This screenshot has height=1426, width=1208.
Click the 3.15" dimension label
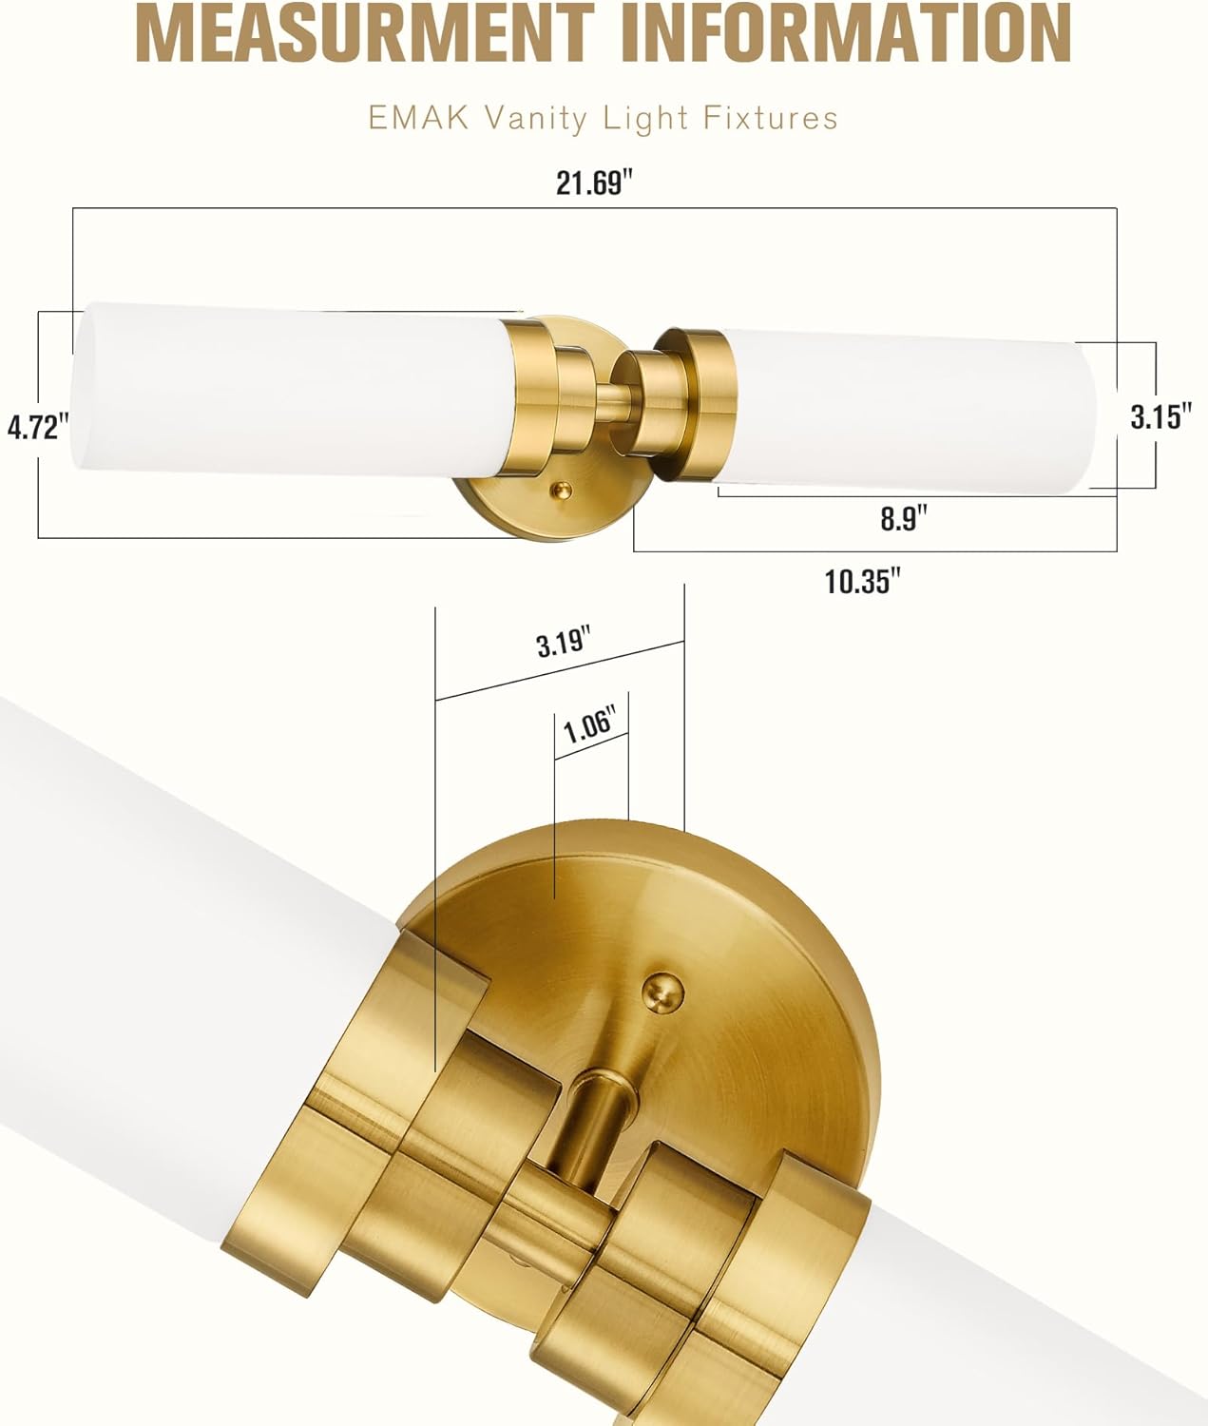pos(1160,416)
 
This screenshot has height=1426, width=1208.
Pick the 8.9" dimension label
pos(903,519)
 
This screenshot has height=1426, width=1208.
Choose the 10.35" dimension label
pos(862,581)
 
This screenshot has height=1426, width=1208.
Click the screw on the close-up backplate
pos(662,992)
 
